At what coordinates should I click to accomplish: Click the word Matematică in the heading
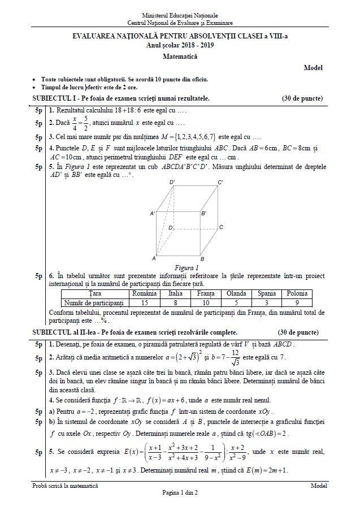[180, 57]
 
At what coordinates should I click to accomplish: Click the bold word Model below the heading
[313, 68]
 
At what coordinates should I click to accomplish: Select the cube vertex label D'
[172, 182]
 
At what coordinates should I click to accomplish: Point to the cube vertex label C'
[220, 182]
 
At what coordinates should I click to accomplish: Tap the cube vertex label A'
[153, 214]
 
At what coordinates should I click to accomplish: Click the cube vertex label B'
[204, 214]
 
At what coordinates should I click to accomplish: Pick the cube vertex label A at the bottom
[153, 258]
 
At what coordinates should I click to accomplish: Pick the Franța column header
[206, 294]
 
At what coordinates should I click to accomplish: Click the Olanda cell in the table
[236, 294]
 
